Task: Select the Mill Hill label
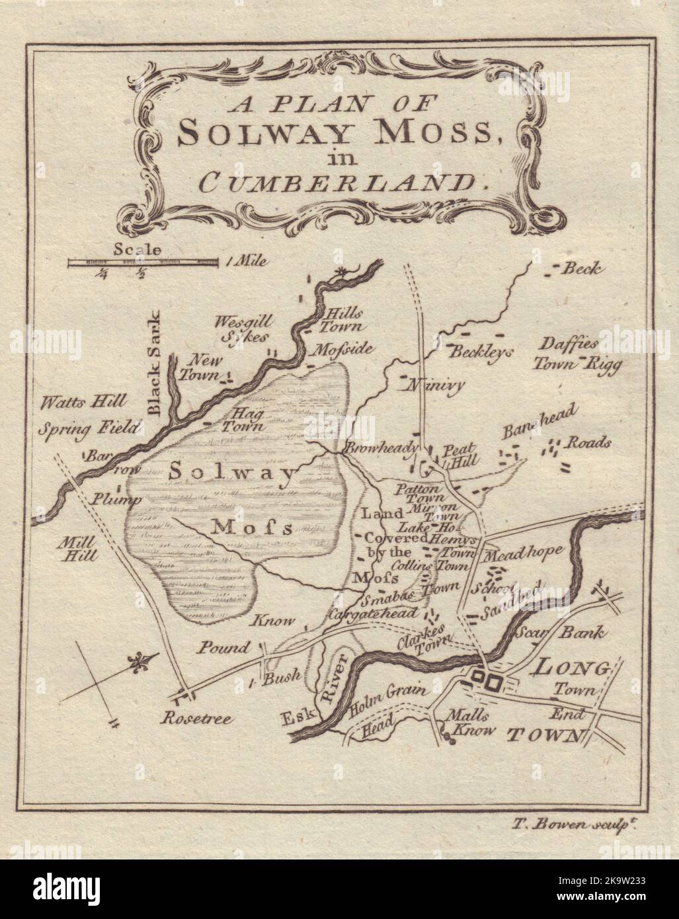[77, 548]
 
